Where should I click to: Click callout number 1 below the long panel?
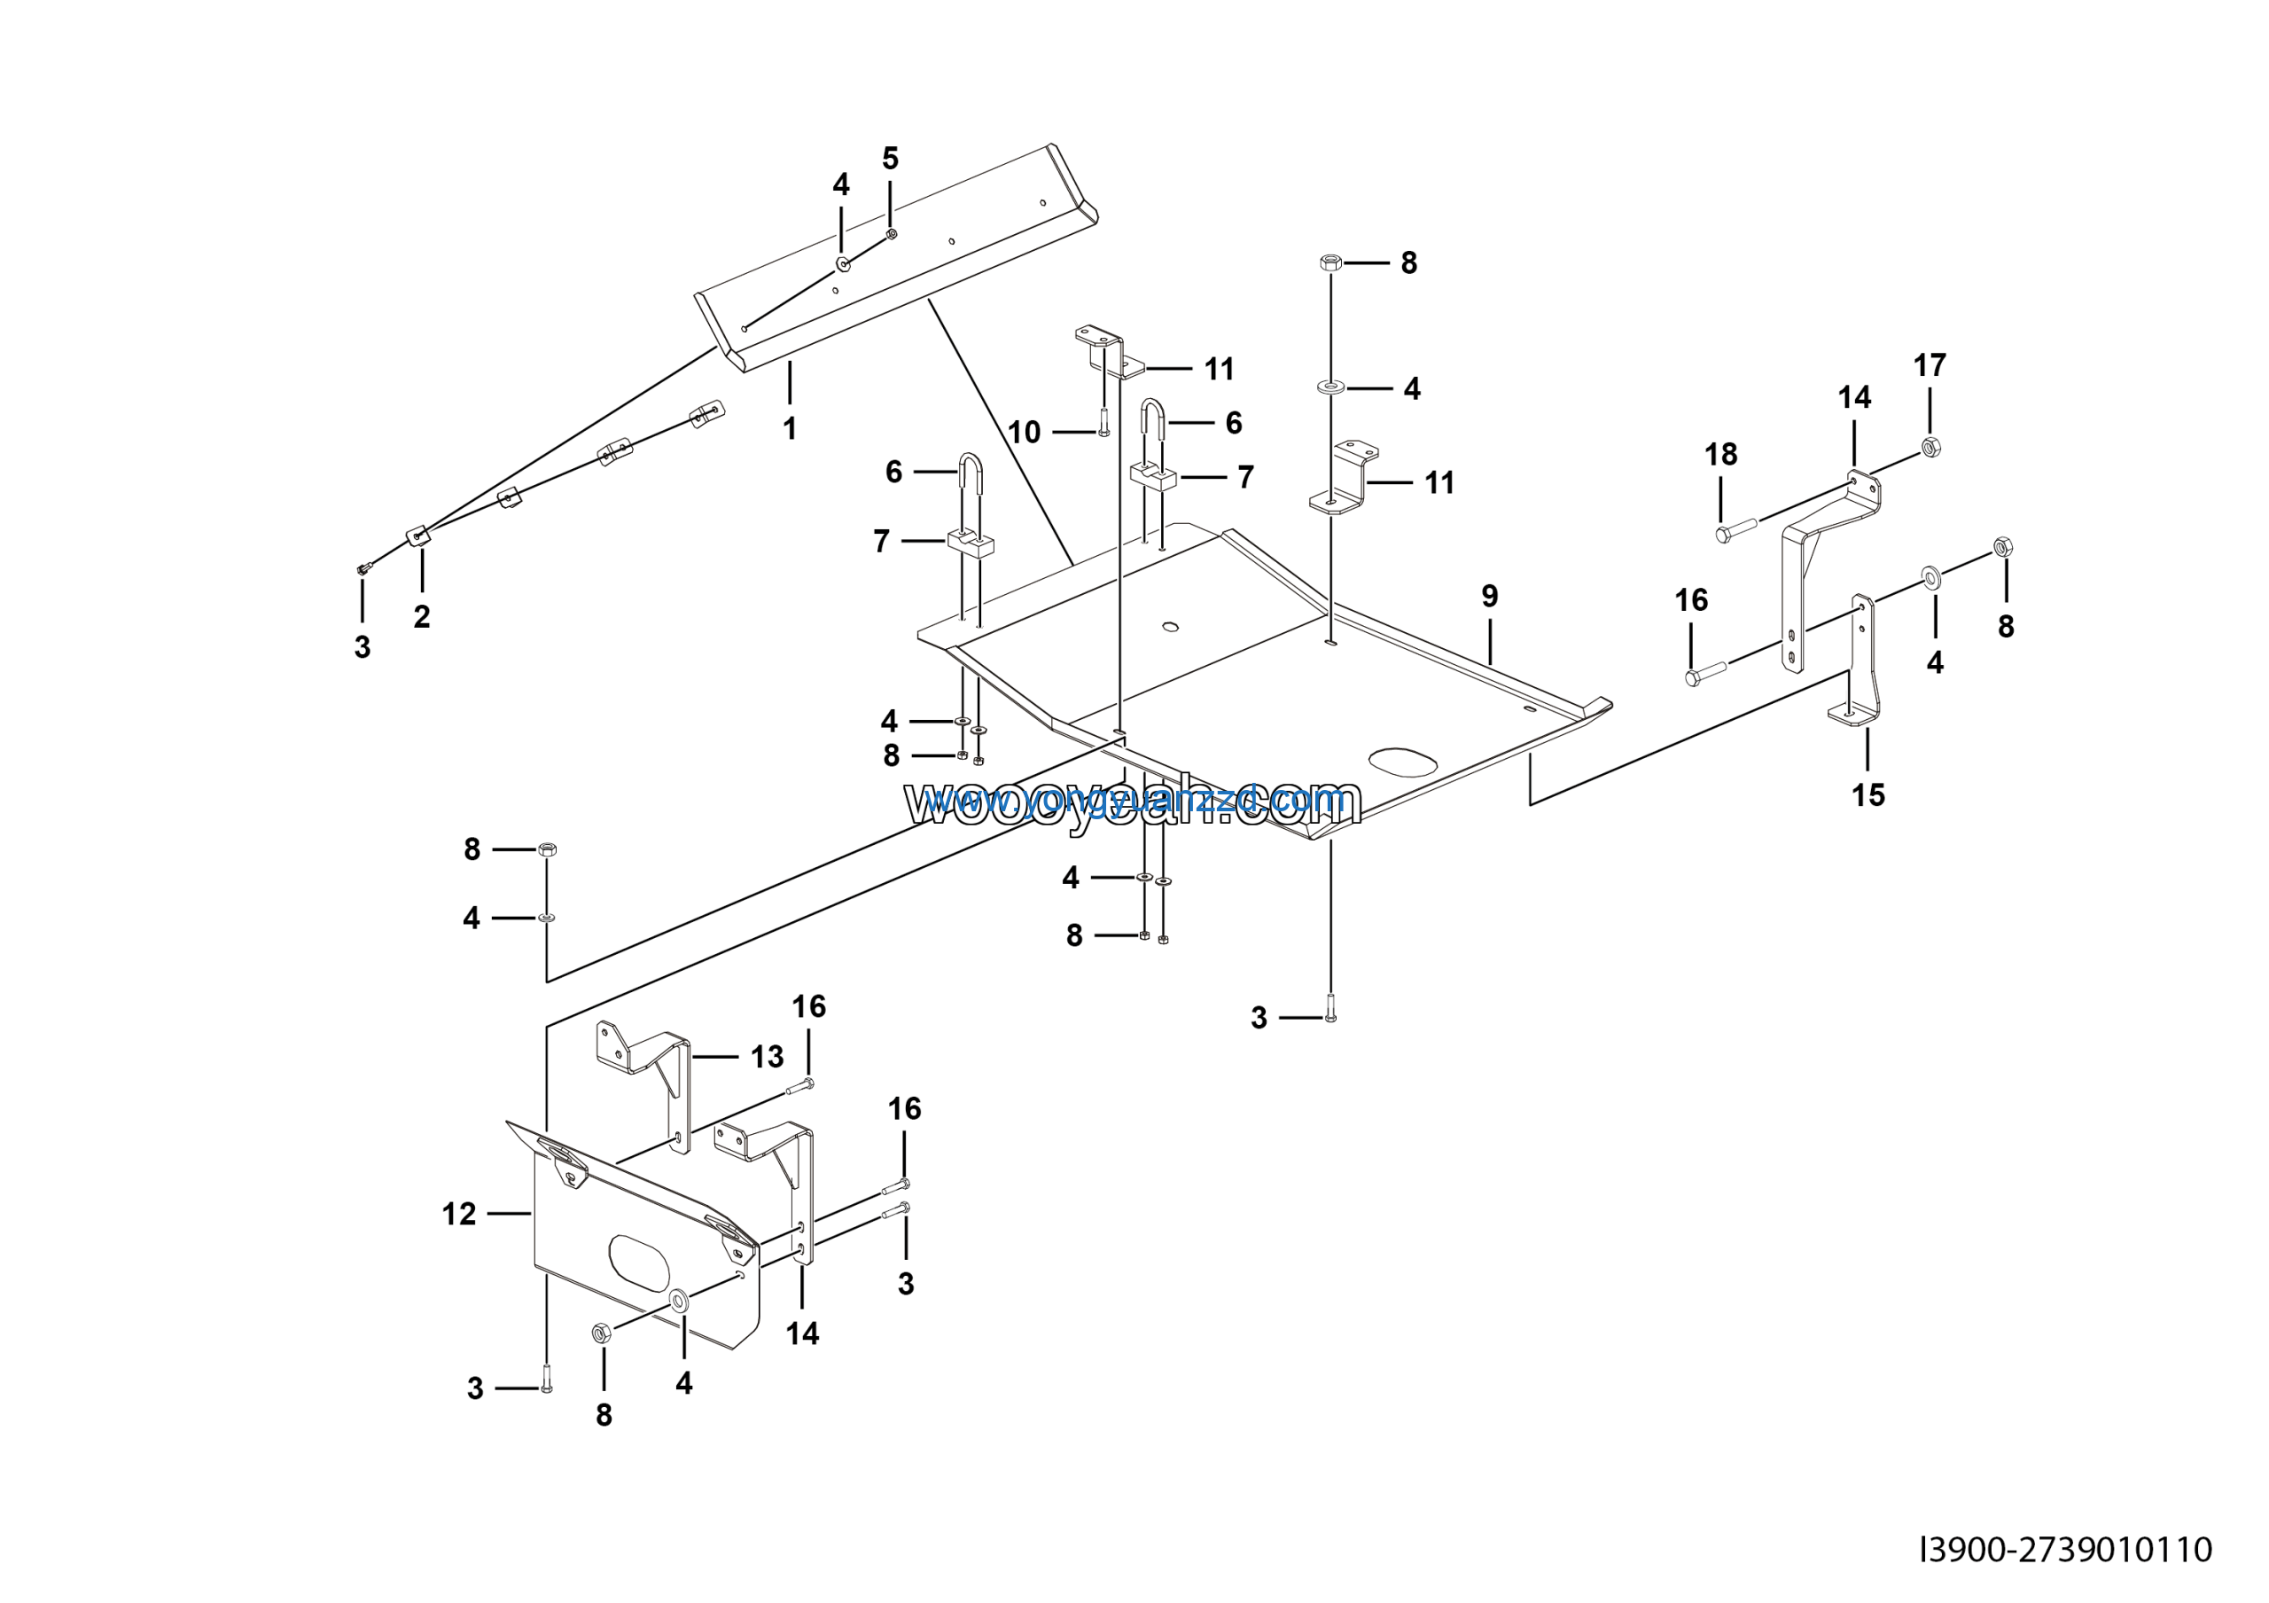coord(789,429)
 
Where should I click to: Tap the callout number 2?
coord(422,617)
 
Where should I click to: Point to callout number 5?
coord(891,159)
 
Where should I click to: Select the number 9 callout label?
coord(1489,596)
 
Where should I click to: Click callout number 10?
coord(1025,432)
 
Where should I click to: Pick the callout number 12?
coord(459,1214)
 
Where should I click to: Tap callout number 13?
coord(767,1057)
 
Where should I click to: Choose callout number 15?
coord(1867,794)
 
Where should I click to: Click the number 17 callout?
coord(1929,365)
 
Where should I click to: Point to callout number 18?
coord(1720,455)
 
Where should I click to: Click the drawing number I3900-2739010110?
coord(2065,1549)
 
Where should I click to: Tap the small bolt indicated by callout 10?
coord(1103,423)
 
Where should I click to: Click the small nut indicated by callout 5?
coord(892,234)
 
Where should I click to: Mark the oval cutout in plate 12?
coord(639,1255)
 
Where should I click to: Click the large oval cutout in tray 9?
coord(1402,762)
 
